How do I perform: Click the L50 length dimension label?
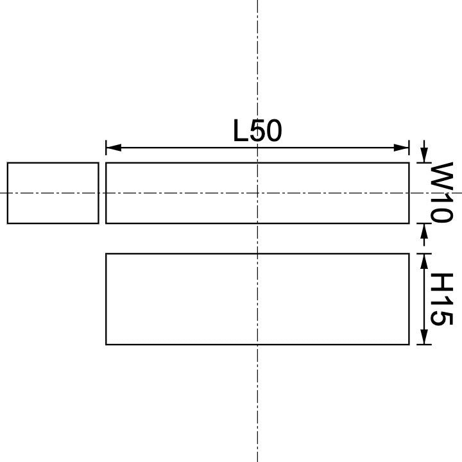click(257, 132)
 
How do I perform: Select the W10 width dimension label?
click(441, 192)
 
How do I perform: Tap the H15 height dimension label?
click(441, 299)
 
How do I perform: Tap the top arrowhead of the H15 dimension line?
click(424, 261)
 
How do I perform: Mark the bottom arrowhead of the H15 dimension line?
click(424, 338)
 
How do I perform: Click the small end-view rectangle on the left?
click(53, 193)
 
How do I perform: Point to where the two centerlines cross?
click(257, 193)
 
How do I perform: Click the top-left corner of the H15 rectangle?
click(106, 254)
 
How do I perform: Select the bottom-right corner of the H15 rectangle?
click(409, 345)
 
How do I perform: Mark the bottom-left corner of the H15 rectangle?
click(106, 345)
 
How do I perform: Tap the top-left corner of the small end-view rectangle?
click(8, 163)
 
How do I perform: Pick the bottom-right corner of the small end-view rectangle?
click(98, 223)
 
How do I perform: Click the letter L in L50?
click(240, 132)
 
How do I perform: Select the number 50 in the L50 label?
click(266, 132)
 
